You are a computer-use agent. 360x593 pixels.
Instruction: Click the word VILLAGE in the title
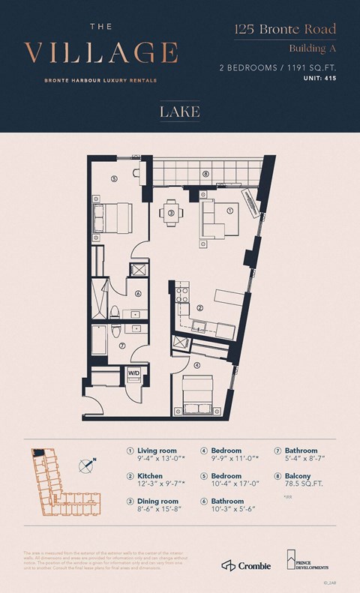(x=101, y=53)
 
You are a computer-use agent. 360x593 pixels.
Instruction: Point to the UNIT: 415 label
(x=318, y=77)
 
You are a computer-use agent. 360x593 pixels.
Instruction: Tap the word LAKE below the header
(x=179, y=112)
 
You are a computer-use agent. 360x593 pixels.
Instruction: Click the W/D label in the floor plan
(x=133, y=372)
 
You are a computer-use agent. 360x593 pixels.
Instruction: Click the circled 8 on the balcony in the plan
(x=205, y=174)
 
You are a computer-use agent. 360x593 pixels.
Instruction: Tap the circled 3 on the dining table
(x=171, y=213)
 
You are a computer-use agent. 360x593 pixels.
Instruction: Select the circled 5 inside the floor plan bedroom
(x=114, y=178)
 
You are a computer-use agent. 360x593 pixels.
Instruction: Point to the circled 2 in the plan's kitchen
(x=200, y=307)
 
